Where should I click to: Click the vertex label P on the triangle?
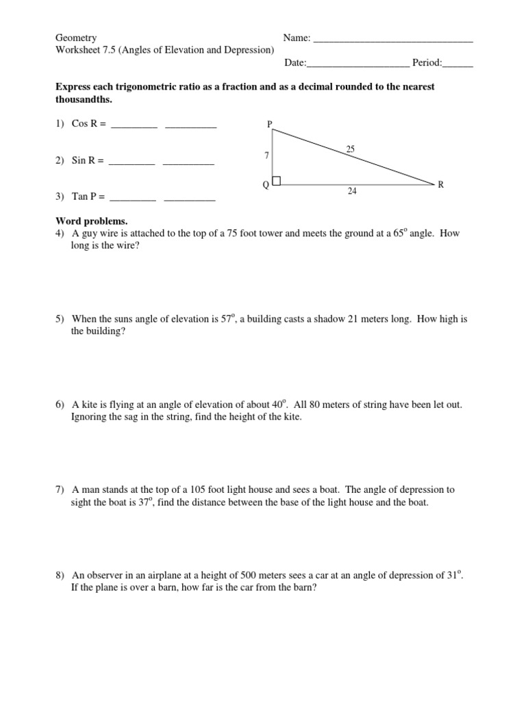(270, 124)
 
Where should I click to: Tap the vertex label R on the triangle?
(441, 184)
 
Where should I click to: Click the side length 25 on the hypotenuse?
(351, 149)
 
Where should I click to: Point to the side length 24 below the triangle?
(352, 192)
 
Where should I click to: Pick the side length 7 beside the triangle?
(266, 155)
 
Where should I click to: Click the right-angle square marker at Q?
(277, 181)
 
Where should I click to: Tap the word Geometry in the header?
(76, 38)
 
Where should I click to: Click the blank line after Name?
(392, 39)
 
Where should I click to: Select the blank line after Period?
(458, 64)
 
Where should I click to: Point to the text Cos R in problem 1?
(85, 124)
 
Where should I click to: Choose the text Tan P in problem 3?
(85, 196)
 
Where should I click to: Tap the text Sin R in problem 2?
(84, 160)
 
